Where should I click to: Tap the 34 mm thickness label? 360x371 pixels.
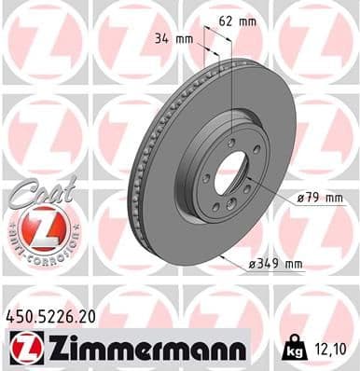[x=175, y=39]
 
